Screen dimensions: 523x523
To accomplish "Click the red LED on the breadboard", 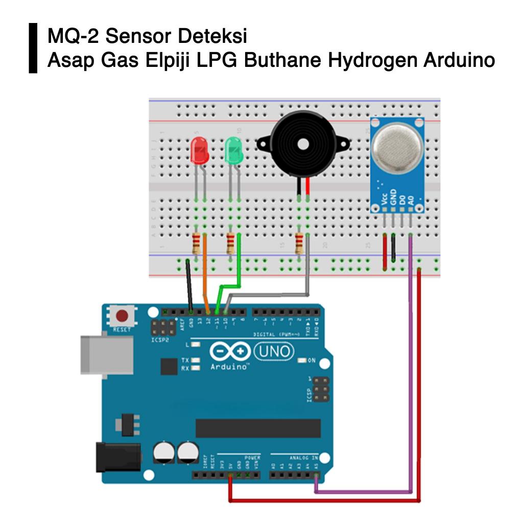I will pyautogui.click(x=199, y=151).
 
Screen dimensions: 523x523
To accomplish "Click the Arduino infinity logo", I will pyautogui.click(x=230, y=351).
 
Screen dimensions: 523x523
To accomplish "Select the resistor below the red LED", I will pyautogui.click(x=197, y=244).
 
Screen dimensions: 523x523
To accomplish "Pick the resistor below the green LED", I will pyautogui.click(x=231, y=244).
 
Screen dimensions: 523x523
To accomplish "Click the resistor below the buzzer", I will pyautogui.click(x=299, y=244).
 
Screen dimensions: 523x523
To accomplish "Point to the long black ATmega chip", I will pyautogui.click(x=258, y=428).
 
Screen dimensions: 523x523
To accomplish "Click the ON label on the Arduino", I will pyautogui.click(x=312, y=361).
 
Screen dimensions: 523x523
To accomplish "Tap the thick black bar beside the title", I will pyautogui.click(x=33, y=48).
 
